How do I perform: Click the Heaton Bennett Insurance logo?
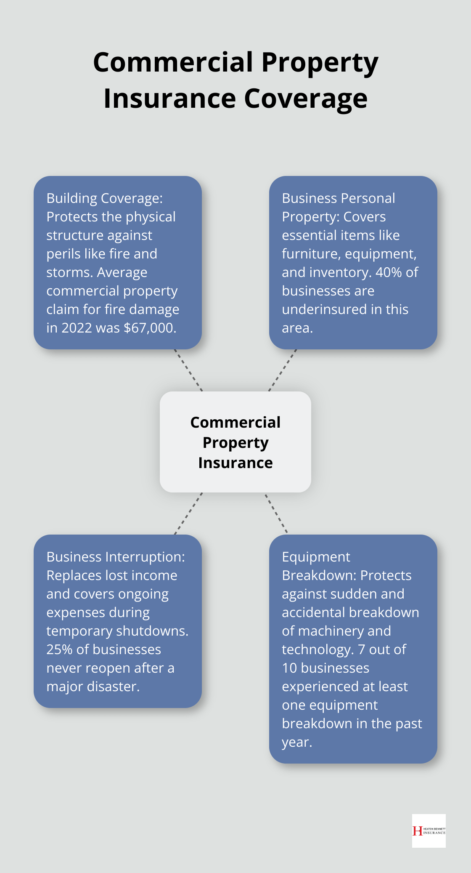pos(429,830)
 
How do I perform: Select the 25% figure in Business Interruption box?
pos(59,649)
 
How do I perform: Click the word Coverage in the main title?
pos(306,98)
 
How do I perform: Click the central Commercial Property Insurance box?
pos(235,442)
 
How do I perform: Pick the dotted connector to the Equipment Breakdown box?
pos(276,513)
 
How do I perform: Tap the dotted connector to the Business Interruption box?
pos(188,513)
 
